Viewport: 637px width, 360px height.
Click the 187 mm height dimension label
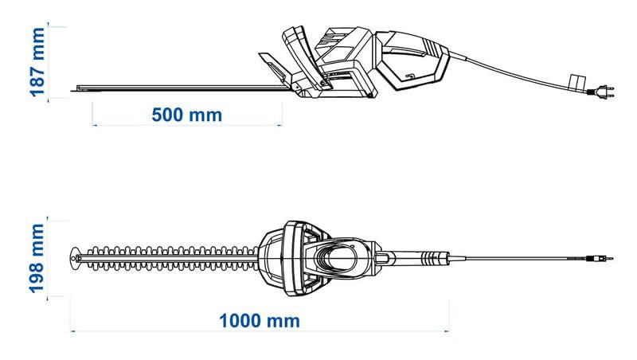37,62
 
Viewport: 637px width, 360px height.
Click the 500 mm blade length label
187,115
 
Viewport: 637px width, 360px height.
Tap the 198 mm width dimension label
36,258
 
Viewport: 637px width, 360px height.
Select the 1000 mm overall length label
260,321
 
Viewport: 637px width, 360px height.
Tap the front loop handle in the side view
305,57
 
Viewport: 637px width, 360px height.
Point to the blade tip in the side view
73,90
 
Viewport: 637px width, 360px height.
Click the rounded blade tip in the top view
75,258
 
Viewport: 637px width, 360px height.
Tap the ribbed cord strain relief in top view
434,258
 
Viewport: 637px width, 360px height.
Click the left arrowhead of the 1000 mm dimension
72,331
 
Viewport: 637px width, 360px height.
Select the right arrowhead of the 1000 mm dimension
447,331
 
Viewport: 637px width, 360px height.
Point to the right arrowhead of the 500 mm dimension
279,126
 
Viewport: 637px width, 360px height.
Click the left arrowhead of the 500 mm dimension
95,126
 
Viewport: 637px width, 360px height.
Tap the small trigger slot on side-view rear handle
410,76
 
